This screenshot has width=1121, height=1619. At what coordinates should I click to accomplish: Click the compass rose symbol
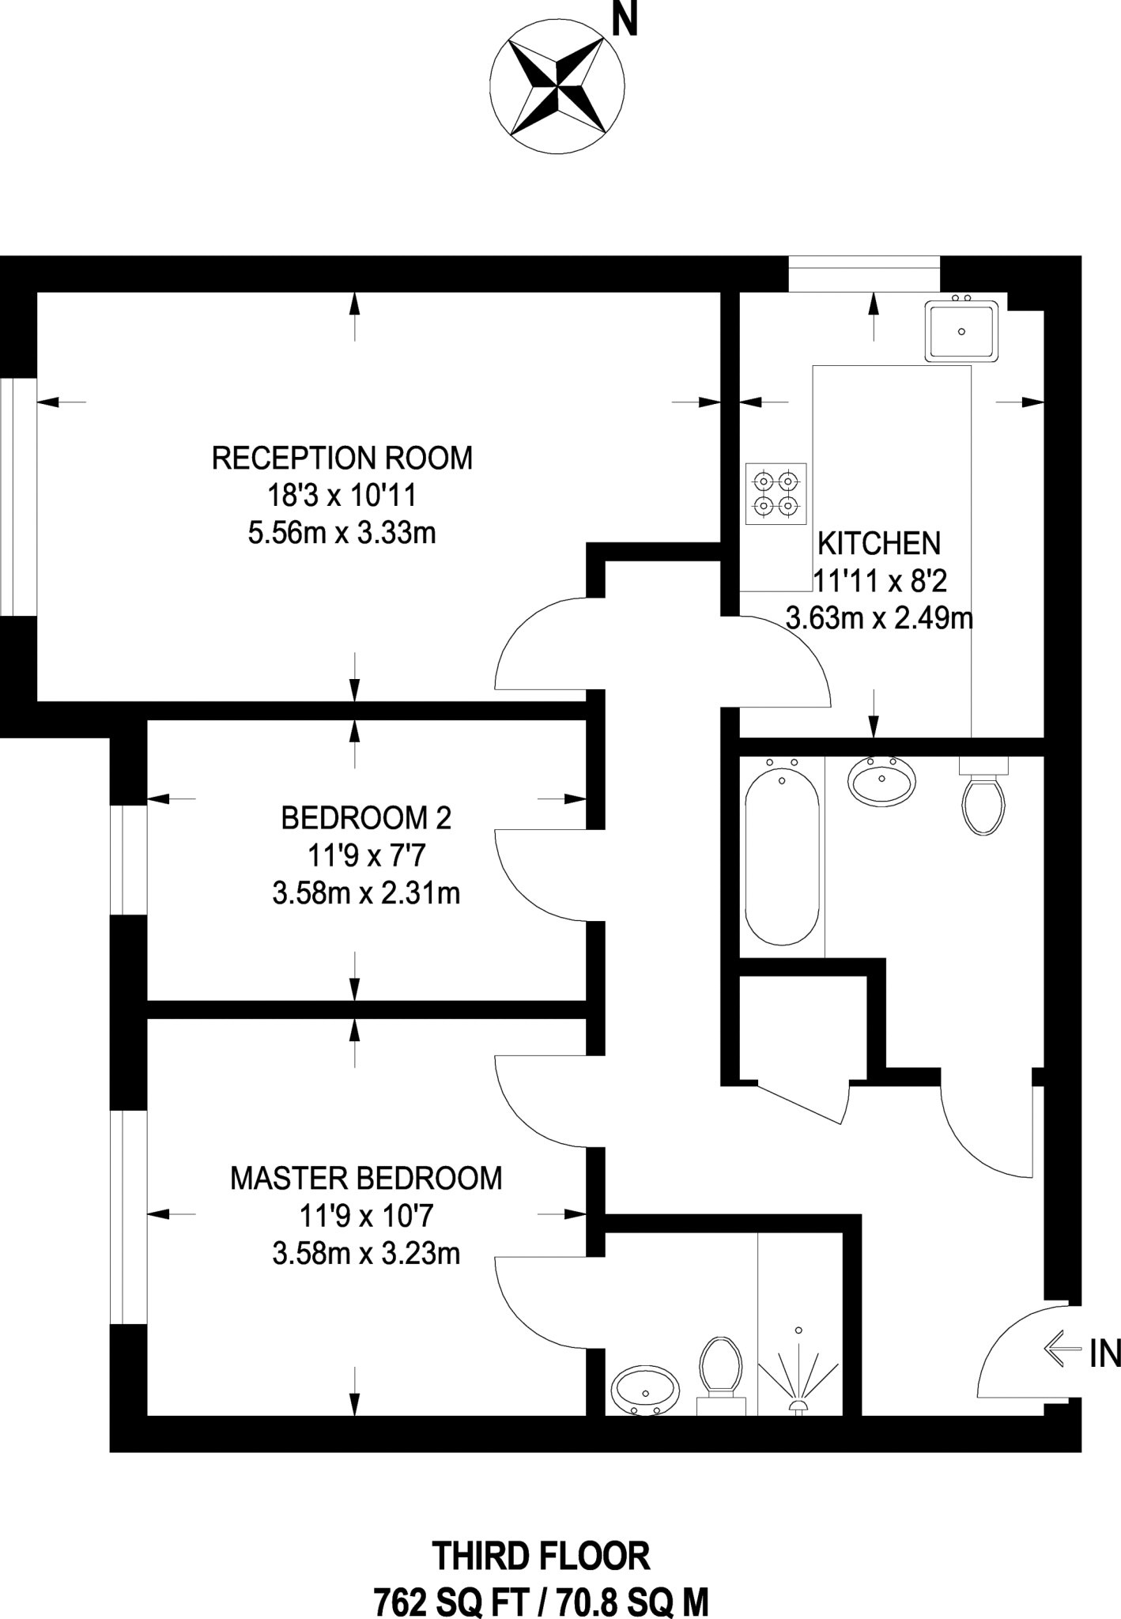click(x=557, y=87)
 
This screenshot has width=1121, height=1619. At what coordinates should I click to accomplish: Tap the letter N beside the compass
click(x=625, y=22)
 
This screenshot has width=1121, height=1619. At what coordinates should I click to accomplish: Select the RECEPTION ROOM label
click(x=342, y=458)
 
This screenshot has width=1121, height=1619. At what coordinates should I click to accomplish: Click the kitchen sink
click(x=961, y=331)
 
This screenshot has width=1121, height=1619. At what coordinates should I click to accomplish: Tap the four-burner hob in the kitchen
click(x=776, y=493)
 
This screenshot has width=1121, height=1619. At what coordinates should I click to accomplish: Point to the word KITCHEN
click(x=878, y=544)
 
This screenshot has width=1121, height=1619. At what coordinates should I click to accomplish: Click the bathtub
click(x=782, y=856)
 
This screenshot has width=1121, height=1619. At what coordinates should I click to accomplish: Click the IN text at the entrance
click(x=1104, y=1354)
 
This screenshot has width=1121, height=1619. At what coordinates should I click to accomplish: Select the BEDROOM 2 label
click(x=366, y=818)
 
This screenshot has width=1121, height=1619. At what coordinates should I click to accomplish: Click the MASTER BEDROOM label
click(x=366, y=1178)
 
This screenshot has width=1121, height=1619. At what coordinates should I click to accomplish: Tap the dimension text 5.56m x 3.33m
click(x=342, y=534)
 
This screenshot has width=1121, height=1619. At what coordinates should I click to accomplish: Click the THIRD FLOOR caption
click(x=541, y=1556)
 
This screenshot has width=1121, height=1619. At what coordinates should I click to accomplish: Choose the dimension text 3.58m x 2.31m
click(x=366, y=894)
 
